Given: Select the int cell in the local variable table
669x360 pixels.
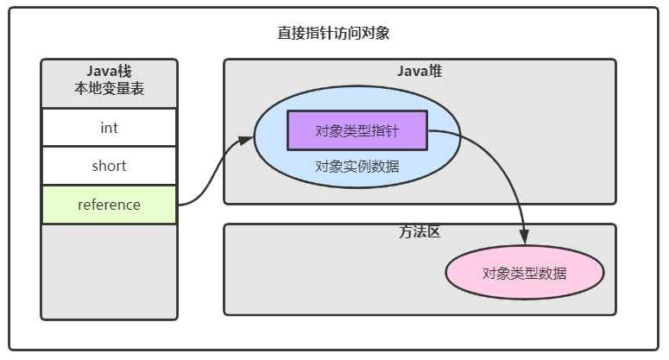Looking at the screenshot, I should pyautogui.click(x=109, y=128).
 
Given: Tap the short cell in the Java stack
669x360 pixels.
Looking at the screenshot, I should pyautogui.click(x=109, y=166).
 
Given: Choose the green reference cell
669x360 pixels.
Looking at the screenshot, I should pyautogui.click(x=109, y=205).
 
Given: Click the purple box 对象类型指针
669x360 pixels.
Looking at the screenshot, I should pyautogui.click(x=357, y=131).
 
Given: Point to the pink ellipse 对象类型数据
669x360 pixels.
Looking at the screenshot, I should pyautogui.click(x=524, y=274).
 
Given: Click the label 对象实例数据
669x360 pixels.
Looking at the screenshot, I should pyautogui.click(x=357, y=167).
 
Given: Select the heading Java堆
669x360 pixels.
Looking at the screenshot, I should pyautogui.click(x=420, y=72).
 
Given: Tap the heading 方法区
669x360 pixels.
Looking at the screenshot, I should pyautogui.click(x=420, y=232).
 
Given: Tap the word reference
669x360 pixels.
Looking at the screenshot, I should pyautogui.click(x=109, y=205).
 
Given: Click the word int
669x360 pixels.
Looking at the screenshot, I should pyautogui.click(x=109, y=128).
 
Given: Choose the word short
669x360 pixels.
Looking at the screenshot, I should pyautogui.click(x=109, y=166).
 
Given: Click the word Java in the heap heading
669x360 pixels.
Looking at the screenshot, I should pyautogui.click(x=412, y=72).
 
